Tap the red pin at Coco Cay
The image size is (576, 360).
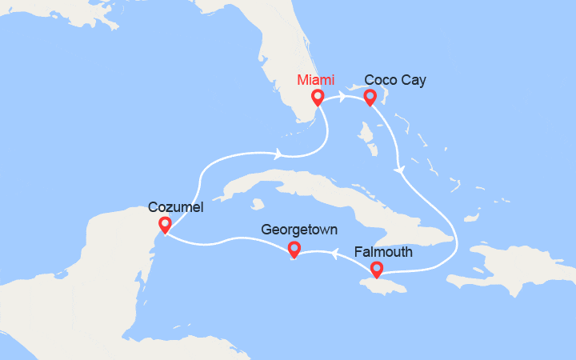click(370, 98)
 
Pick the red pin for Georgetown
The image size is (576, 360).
click(294, 250)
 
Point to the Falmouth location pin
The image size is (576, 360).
click(375, 270)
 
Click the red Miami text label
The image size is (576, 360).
click(316, 80)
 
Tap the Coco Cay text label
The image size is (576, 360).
click(395, 80)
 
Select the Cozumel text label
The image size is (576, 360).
click(176, 207)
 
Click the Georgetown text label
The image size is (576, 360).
click(300, 231)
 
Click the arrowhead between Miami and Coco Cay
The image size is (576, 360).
click(343, 97)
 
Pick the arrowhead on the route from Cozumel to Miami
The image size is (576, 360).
click(278, 154)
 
